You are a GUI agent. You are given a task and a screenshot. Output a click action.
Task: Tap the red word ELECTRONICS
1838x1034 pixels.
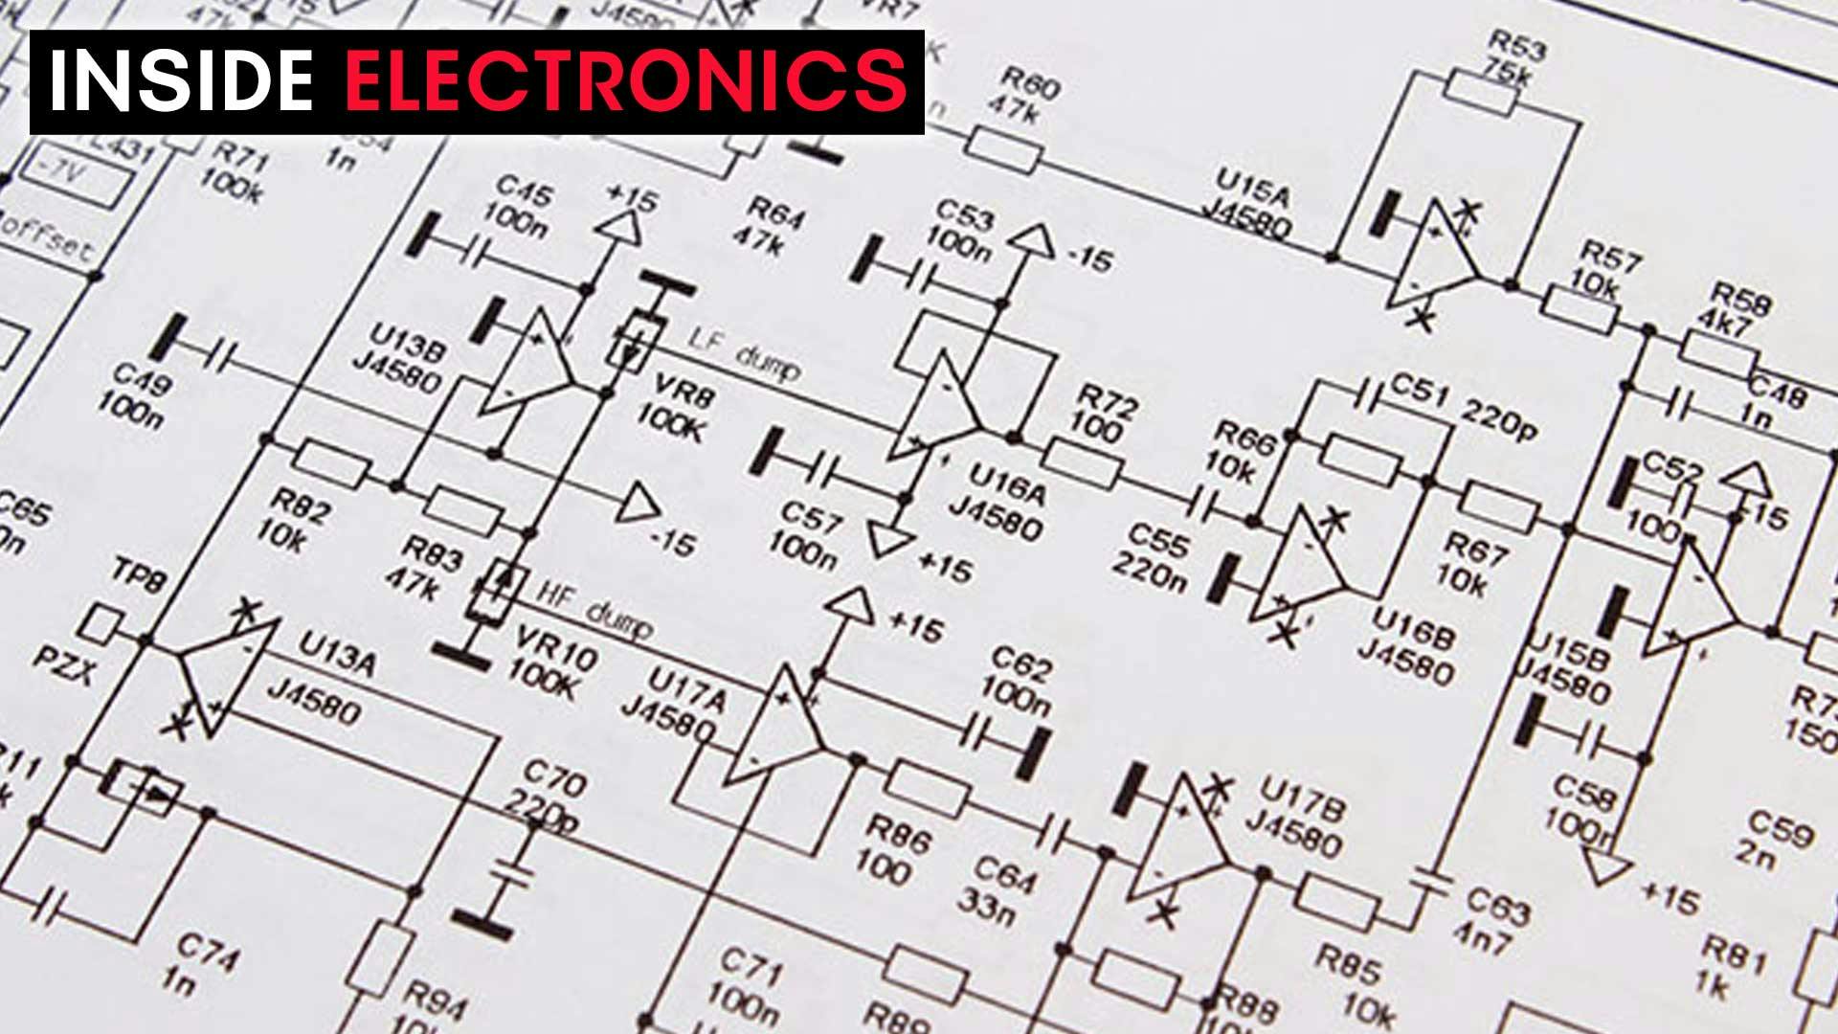click(625, 80)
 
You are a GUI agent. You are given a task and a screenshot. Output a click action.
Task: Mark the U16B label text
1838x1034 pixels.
click(1407, 627)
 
